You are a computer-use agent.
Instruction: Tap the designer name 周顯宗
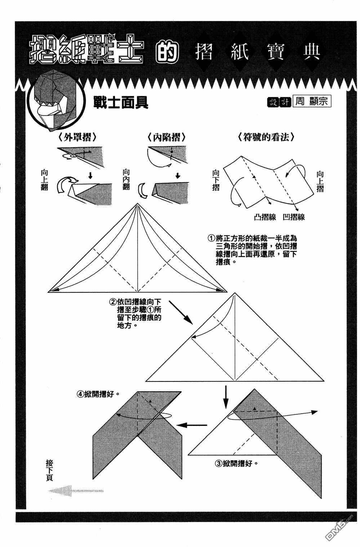pos(312,101)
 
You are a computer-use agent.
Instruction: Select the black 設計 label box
pos(279,102)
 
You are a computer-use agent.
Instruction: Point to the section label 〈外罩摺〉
pos(76,137)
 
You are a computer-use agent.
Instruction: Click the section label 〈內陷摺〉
pos(166,137)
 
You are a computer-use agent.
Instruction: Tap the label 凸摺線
pos(265,217)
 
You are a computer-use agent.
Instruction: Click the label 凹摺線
pos(294,217)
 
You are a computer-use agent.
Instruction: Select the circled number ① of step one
pos(211,239)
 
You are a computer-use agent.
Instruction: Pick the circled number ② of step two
pos(113,302)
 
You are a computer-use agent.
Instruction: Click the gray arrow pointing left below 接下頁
pos(76,491)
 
